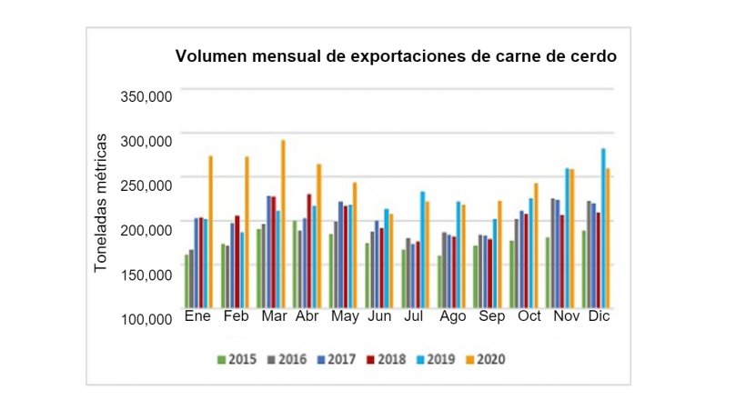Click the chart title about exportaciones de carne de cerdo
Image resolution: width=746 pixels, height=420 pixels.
396,56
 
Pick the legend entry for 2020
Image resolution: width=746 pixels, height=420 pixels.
486,359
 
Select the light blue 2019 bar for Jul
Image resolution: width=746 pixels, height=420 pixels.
422,250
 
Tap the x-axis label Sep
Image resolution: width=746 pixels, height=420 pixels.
492,316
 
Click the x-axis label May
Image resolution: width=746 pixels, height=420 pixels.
344,316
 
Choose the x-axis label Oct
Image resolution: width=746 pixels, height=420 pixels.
529,316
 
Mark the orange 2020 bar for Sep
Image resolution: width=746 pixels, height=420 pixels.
499,255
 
